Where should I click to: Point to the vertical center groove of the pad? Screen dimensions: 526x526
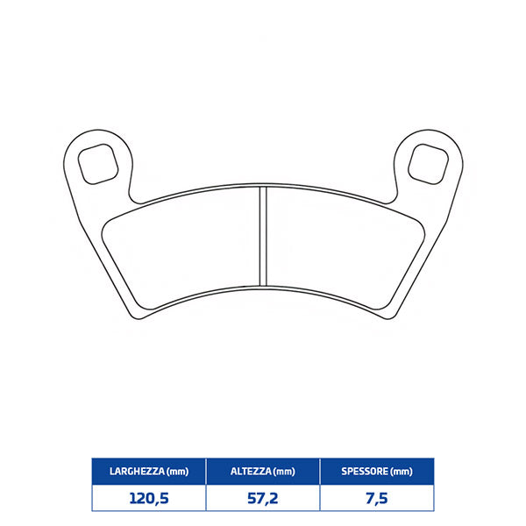coord(263,236)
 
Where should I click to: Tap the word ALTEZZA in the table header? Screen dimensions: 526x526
coord(250,472)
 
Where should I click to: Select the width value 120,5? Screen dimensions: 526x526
coord(148,498)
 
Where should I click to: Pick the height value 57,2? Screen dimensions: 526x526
coord(262,498)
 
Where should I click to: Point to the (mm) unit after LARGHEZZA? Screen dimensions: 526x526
coord(178,472)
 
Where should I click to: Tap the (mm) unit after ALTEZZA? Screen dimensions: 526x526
coord(283,472)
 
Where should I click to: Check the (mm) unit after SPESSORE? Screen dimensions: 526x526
coord(401,472)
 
